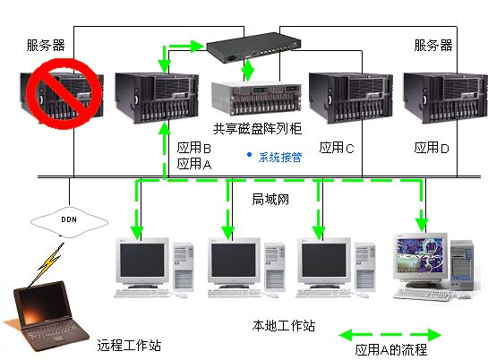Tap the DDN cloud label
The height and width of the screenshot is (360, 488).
(x=69, y=219)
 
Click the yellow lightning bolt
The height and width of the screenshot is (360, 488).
(x=51, y=261)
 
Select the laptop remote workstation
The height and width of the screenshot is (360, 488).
(x=47, y=316)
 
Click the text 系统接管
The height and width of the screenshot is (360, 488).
(x=280, y=157)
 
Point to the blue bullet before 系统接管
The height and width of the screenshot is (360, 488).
(x=249, y=155)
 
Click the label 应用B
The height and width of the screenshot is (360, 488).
(x=194, y=148)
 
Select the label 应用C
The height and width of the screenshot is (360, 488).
(x=337, y=148)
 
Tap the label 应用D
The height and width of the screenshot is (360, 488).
(x=432, y=148)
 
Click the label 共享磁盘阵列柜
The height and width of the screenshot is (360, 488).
(x=257, y=128)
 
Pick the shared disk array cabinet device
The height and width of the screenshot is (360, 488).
(x=256, y=98)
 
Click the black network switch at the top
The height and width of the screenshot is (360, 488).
(x=253, y=47)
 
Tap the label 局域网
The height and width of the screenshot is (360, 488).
(x=270, y=199)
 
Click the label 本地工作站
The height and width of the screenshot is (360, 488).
(x=284, y=326)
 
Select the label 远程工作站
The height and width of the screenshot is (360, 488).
(x=129, y=346)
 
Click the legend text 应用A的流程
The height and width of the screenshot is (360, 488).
(x=391, y=350)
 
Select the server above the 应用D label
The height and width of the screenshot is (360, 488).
(x=445, y=98)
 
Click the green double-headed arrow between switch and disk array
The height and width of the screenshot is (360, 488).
(x=248, y=71)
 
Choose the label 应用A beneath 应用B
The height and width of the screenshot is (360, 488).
(x=194, y=164)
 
